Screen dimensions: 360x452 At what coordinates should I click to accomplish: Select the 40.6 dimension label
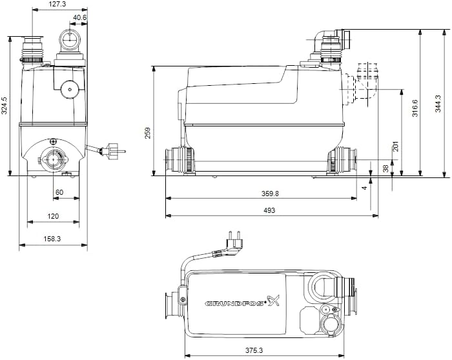pyautogui.click(x=80, y=17)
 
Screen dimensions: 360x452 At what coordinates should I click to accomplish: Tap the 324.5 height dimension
pyautogui.click(x=5, y=105)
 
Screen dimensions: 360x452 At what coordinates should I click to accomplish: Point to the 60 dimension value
pyautogui.click(x=59, y=192)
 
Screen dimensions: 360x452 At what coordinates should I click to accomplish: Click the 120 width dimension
pyautogui.click(x=53, y=216)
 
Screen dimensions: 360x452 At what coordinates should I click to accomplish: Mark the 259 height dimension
pyautogui.click(x=148, y=132)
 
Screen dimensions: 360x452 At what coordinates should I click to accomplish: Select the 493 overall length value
pyautogui.click(x=270, y=210)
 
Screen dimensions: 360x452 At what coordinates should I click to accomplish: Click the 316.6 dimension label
pyautogui.click(x=415, y=108)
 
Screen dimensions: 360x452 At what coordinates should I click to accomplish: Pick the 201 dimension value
pyautogui.click(x=395, y=147)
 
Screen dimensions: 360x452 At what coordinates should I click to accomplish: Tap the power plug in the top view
pyautogui.click(x=231, y=240)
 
